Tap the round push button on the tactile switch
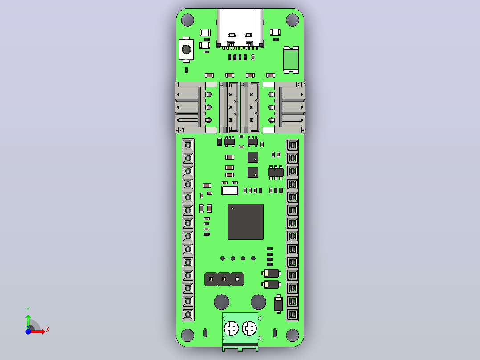pyautogui.click(x=186, y=49)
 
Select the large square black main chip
pyautogui.click(x=245, y=221)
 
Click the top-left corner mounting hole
pyautogui.click(x=187, y=20)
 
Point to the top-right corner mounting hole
pyautogui.click(x=293, y=20)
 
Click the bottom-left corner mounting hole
pyautogui.click(x=187, y=335)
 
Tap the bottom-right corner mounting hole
pyautogui.click(x=293, y=335)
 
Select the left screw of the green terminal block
pyautogui.click(x=231, y=328)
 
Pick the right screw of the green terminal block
pyautogui.click(x=249, y=328)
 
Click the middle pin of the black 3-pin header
pyautogui.click(x=224, y=279)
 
